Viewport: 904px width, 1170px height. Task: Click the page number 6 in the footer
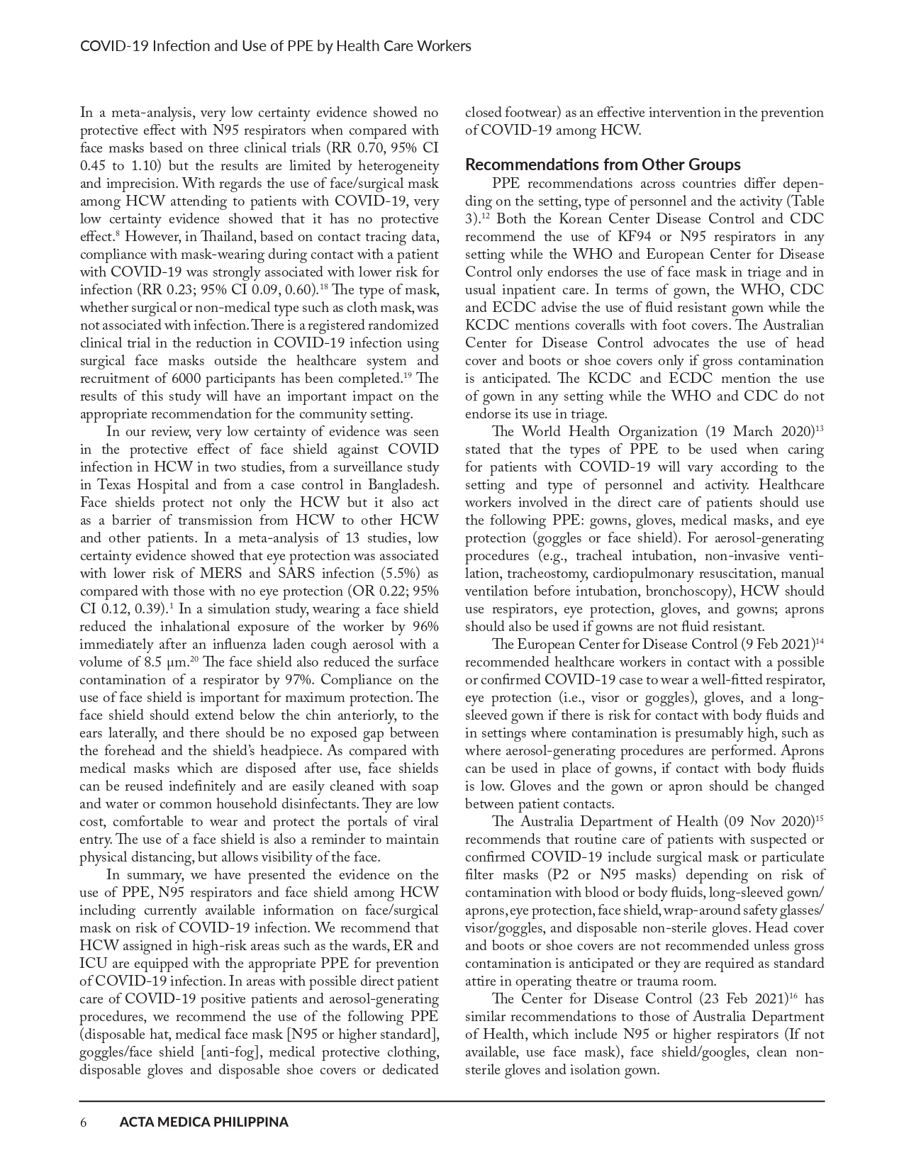pos(83,1122)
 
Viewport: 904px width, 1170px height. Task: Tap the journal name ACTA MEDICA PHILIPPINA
pos(204,1122)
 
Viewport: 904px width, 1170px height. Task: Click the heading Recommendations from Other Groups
pos(603,165)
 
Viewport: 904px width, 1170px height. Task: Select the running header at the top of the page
pos(276,46)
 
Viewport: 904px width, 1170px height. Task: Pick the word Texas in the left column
pos(114,485)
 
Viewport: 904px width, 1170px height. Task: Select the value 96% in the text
pos(423,627)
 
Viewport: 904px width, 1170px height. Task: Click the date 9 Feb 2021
pos(774,645)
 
